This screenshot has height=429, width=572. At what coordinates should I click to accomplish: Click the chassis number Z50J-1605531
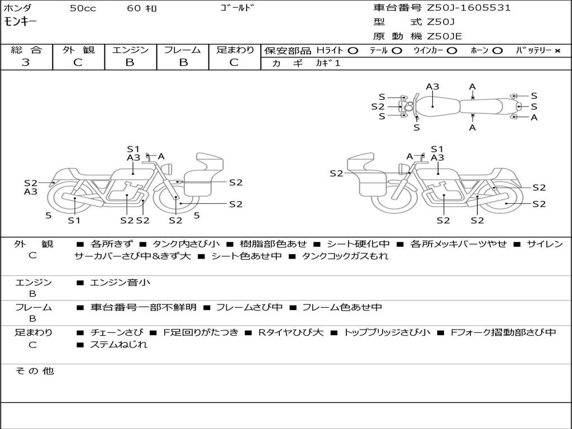click(469, 8)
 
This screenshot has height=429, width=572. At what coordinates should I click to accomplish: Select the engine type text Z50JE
click(444, 36)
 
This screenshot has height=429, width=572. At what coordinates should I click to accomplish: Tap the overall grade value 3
click(26, 63)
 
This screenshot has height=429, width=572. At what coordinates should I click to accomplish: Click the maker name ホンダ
click(17, 8)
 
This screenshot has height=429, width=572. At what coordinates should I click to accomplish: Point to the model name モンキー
click(20, 22)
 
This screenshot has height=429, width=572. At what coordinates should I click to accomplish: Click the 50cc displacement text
click(83, 8)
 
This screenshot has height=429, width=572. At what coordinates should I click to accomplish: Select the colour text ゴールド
click(237, 8)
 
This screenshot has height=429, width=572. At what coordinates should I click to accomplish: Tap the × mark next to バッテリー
click(557, 51)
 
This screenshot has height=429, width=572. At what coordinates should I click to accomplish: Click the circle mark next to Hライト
click(353, 51)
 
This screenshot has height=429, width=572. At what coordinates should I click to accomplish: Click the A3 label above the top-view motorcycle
click(433, 87)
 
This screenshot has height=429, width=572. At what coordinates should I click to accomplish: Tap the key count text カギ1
click(328, 63)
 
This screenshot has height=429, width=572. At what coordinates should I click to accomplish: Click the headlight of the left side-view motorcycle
click(168, 169)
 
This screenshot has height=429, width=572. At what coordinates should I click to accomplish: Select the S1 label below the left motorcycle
click(74, 220)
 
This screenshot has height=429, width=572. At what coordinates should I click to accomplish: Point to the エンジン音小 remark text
click(120, 282)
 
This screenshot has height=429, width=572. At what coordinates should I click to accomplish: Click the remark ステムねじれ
click(118, 344)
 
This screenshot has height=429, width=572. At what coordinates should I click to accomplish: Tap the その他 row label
click(35, 371)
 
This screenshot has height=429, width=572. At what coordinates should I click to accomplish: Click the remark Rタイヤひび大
click(290, 332)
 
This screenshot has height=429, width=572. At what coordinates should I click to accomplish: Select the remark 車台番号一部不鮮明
click(144, 307)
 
